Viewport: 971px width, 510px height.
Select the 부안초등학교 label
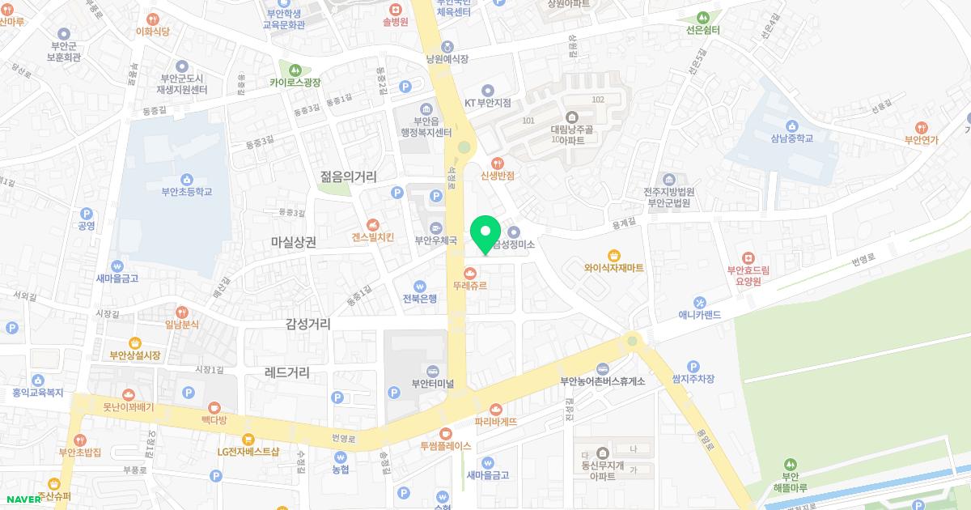coord(186,192)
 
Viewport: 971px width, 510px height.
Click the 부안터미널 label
coord(433,384)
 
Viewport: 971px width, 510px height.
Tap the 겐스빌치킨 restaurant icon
coord(372,224)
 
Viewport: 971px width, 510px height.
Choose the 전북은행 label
coord(419,298)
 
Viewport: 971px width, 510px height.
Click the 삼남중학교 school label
coord(791,138)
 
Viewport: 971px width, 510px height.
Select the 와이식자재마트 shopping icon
coord(614,254)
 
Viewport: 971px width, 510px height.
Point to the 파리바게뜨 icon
coord(495,409)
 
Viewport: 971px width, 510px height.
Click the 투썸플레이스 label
coord(445,445)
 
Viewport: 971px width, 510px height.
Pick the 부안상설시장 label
coord(135,355)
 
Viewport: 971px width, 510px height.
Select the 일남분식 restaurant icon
coord(182,311)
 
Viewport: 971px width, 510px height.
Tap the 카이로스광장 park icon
coord(295,70)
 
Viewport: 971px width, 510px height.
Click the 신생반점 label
coord(498,175)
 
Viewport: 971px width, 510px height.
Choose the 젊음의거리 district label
coord(349,176)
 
